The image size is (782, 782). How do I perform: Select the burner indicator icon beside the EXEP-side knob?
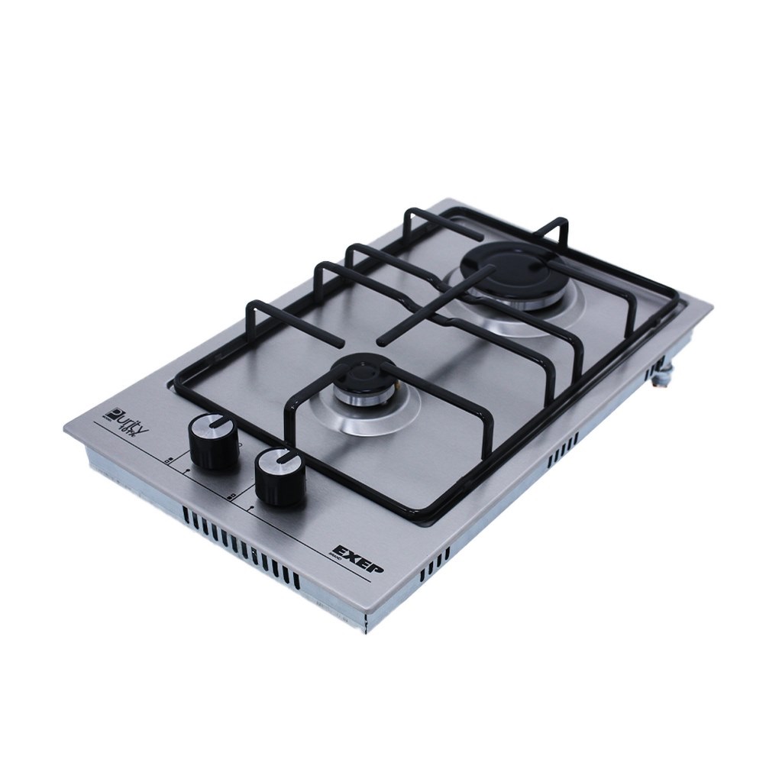[x=231, y=495]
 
